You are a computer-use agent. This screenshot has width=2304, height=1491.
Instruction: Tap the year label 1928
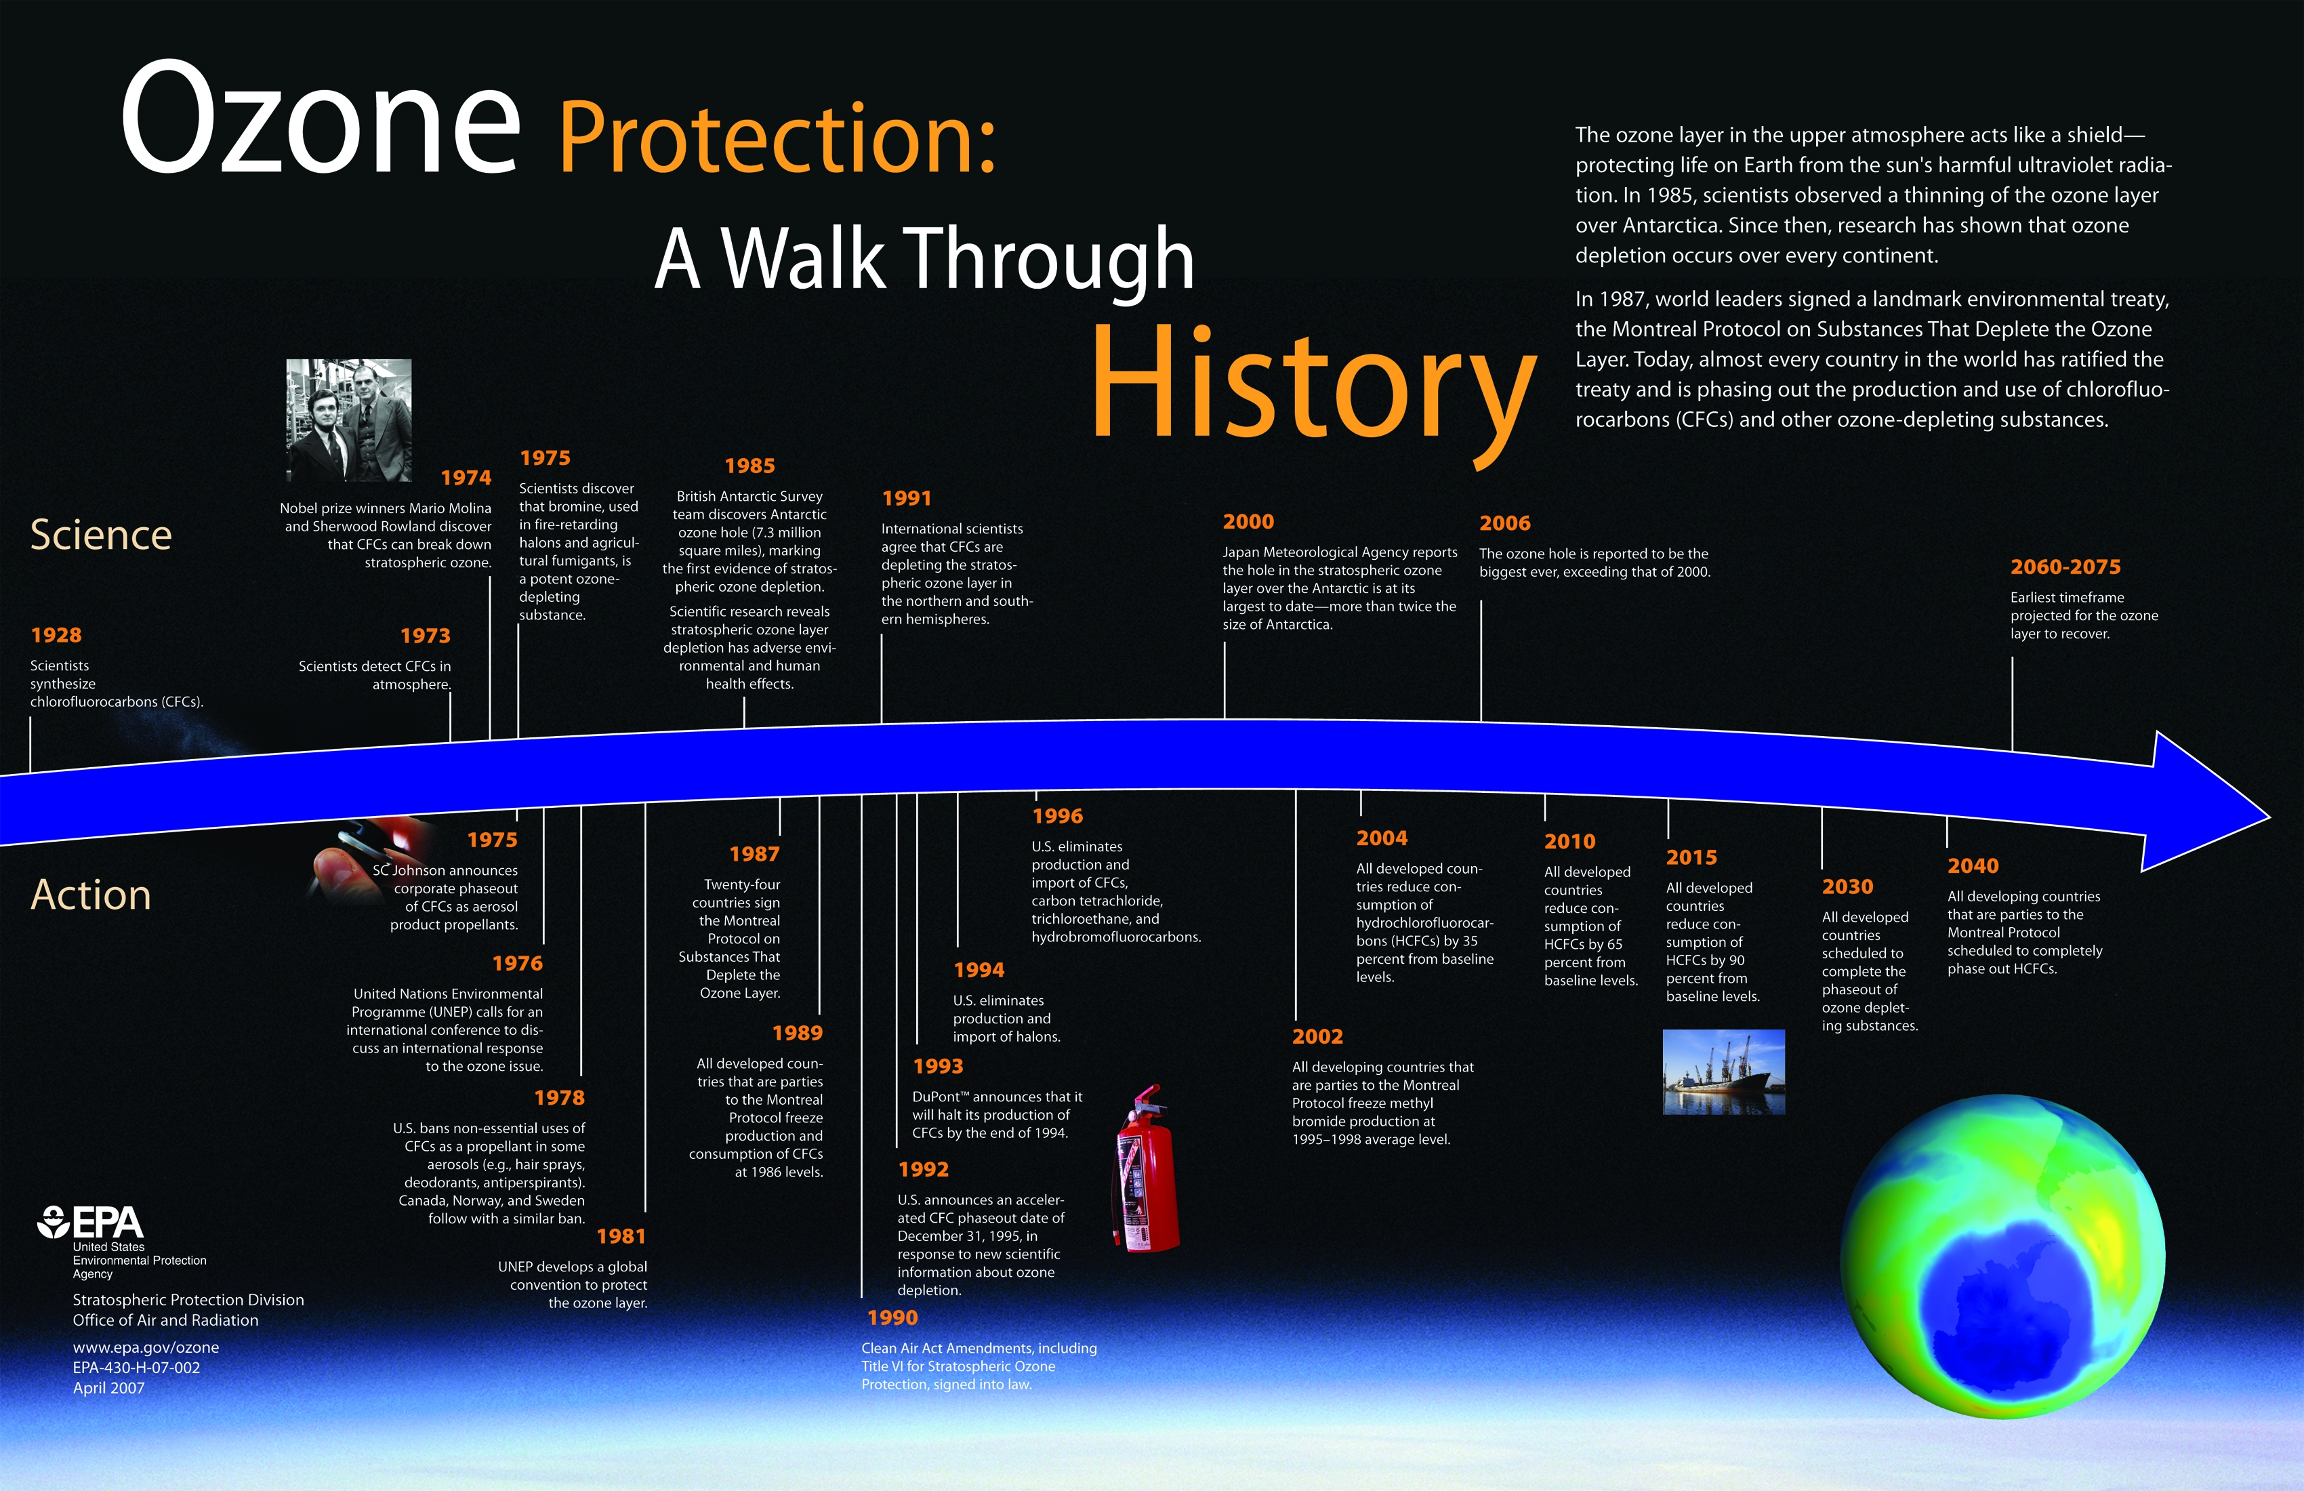(56, 635)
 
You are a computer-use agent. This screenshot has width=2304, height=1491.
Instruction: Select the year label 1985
(749, 466)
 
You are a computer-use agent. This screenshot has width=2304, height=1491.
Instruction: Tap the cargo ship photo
(1723, 1071)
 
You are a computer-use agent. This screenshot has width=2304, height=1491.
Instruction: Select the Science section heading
(101, 535)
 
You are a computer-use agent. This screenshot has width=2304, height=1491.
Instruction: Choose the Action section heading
(91, 895)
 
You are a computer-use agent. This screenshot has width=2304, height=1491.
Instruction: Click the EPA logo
(90, 1223)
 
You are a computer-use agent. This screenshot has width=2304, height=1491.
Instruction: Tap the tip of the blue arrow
(2269, 815)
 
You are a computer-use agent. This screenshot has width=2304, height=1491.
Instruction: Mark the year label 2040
(1973, 865)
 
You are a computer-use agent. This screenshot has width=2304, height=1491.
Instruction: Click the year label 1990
(892, 1318)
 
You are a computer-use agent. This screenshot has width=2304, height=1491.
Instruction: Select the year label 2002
(1317, 1036)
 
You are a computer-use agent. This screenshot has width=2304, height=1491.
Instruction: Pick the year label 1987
(754, 854)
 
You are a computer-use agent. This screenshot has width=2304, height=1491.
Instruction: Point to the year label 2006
(1504, 523)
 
